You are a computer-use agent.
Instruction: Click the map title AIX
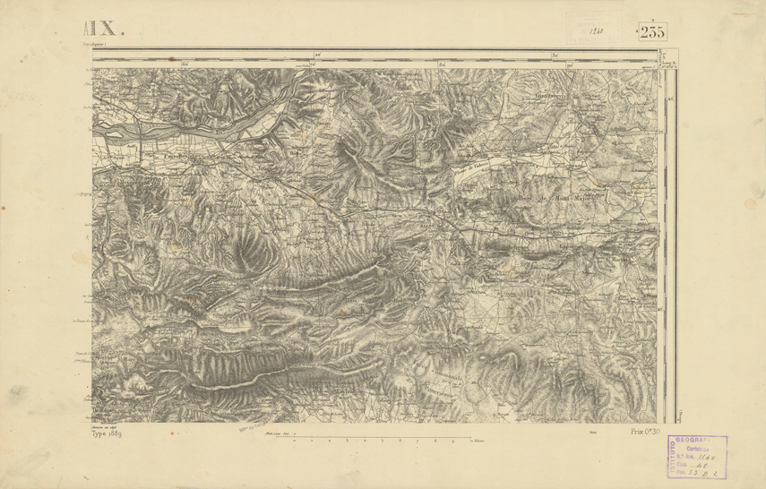pos(110,30)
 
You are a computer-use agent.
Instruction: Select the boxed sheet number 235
pos(652,31)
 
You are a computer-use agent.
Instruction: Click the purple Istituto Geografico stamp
pos(698,458)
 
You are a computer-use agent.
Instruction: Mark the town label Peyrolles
pos(178,156)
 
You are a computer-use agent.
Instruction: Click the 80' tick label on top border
pos(568,64)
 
